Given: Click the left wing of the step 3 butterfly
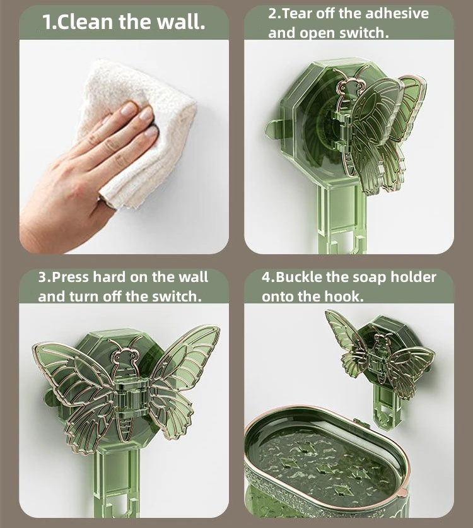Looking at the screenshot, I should (73, 385).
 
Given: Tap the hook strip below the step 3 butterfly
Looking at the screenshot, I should (124, 479).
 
